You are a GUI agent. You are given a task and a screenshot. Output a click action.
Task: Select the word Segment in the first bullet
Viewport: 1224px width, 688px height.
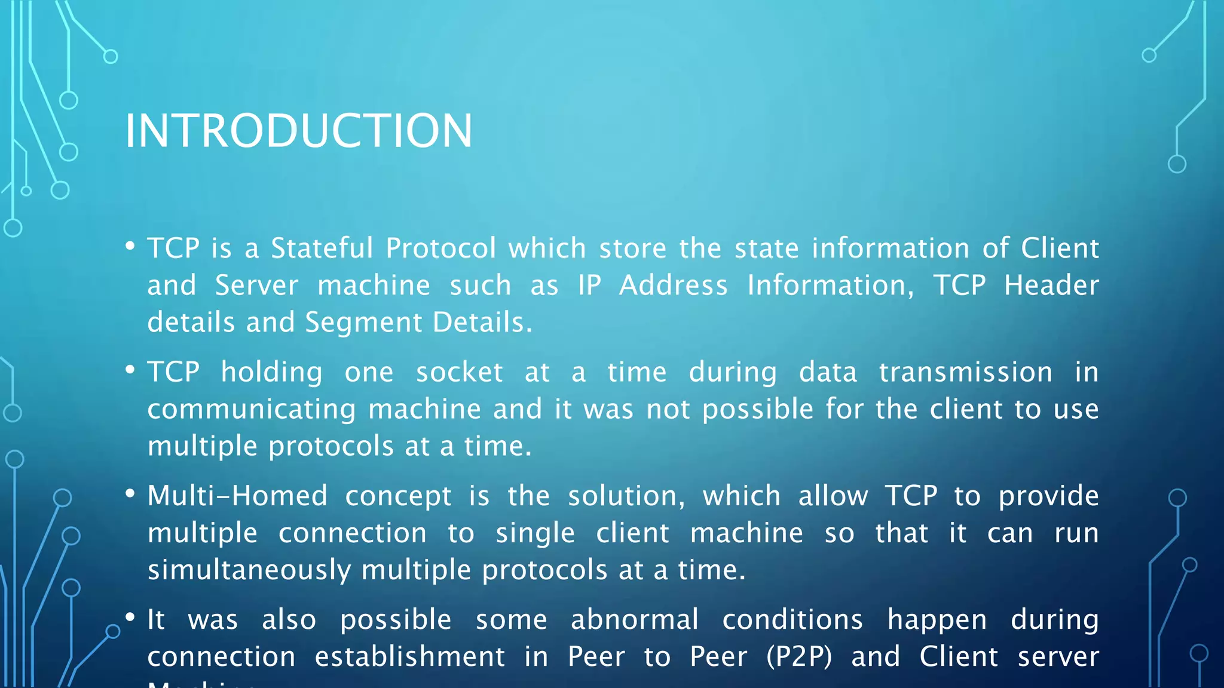tap(363, 323)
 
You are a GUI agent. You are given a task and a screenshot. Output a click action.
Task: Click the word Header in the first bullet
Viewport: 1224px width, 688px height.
tap(1051, 285)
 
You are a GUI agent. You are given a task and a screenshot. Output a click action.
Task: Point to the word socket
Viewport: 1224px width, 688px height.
tap(459, 372)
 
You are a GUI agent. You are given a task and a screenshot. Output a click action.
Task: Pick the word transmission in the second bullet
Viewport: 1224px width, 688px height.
tap(965, 372)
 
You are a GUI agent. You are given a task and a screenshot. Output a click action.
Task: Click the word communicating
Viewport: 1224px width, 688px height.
tap(252, 410)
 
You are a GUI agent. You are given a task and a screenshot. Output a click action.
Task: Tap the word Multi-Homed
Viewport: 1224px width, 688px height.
tap(237, 496)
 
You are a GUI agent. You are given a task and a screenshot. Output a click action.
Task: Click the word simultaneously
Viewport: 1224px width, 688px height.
tap(249, 570)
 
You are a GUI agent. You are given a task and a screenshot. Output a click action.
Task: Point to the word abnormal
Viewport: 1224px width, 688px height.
tap(634, 619)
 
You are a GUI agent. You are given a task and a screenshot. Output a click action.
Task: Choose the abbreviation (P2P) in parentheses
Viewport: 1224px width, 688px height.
tap(799, 657)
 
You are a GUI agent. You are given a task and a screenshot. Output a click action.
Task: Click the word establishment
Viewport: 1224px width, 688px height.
tap(409, 657)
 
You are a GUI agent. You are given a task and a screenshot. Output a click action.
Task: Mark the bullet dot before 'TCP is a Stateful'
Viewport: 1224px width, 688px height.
tap(130, 245)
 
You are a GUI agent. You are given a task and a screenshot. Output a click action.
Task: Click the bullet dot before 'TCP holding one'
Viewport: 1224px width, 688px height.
tap(130, 370)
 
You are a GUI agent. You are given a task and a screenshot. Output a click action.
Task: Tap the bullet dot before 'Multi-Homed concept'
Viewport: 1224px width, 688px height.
tap(130, 493)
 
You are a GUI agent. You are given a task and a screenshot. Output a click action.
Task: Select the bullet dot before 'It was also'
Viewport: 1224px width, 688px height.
tap(130, 617)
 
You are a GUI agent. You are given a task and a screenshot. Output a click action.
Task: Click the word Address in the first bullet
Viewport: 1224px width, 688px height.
tap(673, 285)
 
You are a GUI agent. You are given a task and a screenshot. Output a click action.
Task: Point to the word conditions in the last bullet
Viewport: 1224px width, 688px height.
tap(792, 619)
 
